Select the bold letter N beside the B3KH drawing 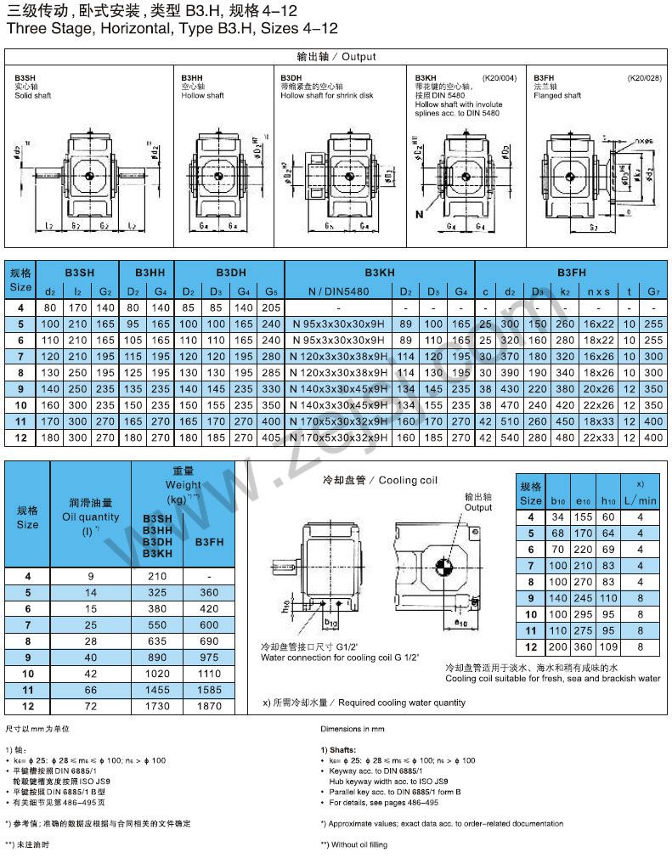[419, 212]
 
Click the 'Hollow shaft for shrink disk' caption [326, 95]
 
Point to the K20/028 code [644, 77]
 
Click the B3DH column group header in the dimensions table [230, 273]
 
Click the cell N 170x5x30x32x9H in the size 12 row [339, 437]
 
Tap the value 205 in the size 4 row [270, 308]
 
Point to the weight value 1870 [210, 706]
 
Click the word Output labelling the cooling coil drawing [477, 507]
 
